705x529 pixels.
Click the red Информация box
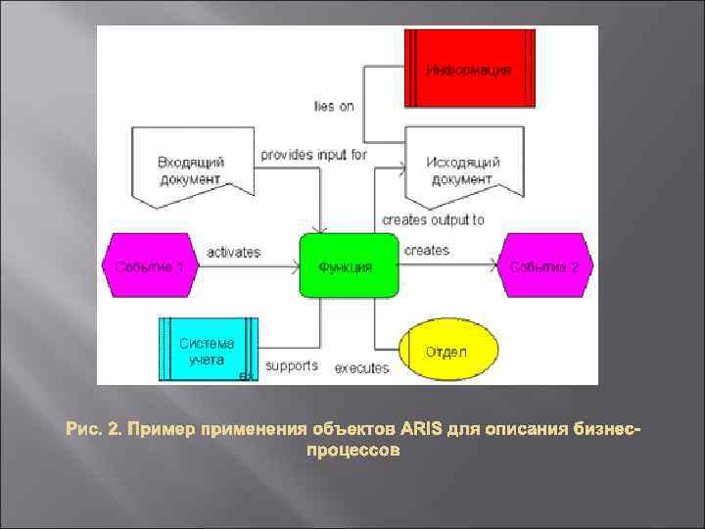[x=470, y=69]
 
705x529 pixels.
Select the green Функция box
[x=350, y=265]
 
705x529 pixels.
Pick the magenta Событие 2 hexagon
[x=545, y=265]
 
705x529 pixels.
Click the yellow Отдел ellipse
[x=447, y=350]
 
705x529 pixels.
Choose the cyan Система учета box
[x=208, y=350]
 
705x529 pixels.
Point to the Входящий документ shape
[x=193, y=172]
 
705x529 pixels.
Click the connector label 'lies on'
[x=334, y=106]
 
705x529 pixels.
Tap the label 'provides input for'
[x=313, y=155]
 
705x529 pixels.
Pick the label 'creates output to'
[x=433, y=219]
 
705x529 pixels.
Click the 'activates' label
[x=233, y=252]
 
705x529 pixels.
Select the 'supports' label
[x=292, y=365]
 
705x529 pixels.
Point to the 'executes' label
[x=361, y=368]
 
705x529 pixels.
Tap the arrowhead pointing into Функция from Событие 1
[x=295, y=264]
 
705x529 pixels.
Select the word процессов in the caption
[x=352, y=452]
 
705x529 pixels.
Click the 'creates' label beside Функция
[x=426, y=251]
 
